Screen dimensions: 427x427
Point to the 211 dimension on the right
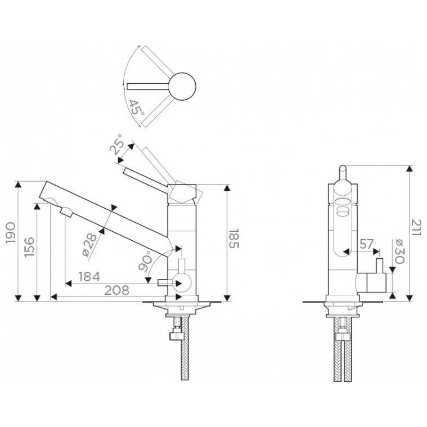tap(417, 231)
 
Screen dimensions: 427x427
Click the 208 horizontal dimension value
tap(117, 290)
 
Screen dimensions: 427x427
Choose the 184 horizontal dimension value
tap(89, 276)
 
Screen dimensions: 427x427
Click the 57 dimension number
tap(367, 244)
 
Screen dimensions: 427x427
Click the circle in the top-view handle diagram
tap(182, 86)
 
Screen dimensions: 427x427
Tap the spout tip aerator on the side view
tap(65, 213)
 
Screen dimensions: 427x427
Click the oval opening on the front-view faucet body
tap(343, 205)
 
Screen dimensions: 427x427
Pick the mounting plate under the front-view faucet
tap(343, 303)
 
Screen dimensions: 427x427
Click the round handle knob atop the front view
tap(342, 171)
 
